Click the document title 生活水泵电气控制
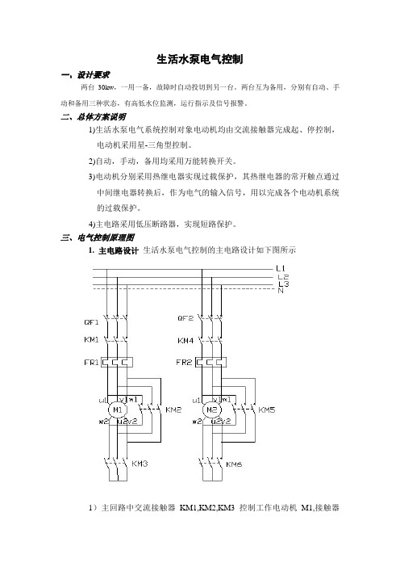(x=200, y=59)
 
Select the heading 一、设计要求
(x=85, y=75)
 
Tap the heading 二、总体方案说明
(x=94, y=117)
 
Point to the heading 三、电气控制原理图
(x=98, y=237)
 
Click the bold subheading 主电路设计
(x=119, y=250)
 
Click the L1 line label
(x=281, y=268)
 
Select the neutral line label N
(x=281, y=291)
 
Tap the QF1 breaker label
(x=91, y=321)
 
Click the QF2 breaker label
(x=185, y=318)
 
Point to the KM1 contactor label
(x=91, y=339)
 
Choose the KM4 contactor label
(x=185, y=341)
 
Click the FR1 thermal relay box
(x=117, y=362)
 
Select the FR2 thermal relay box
(x=210, y=362)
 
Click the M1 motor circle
(x=118, y=410)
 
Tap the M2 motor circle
(x=211, y=410)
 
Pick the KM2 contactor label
(x=173, y=409)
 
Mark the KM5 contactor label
(x=267, y=409)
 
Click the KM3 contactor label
(x=140, y=464)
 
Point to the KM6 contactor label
(x=234, y=464)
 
